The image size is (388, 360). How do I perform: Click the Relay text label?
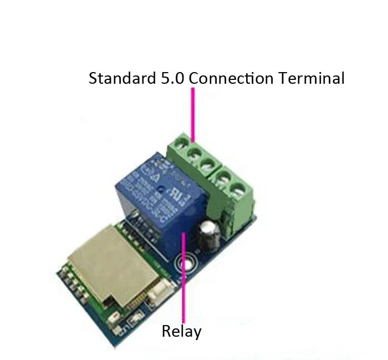point(181,332)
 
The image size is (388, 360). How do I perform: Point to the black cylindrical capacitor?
point(211,233)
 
